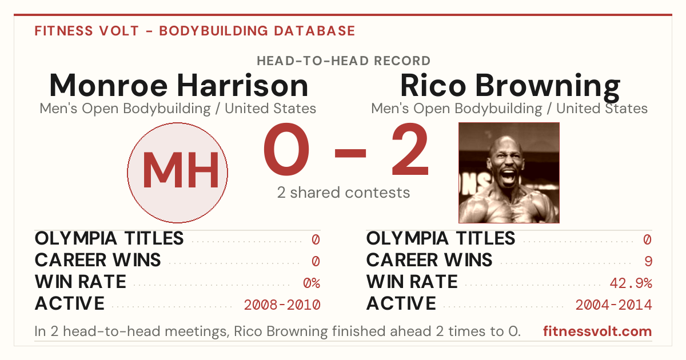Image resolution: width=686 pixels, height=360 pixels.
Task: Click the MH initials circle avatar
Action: (x=177, y=173)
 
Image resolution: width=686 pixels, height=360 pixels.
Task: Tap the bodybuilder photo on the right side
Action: (x=509, y=173)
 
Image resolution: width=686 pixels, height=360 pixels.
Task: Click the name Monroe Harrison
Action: (x=178, y=85)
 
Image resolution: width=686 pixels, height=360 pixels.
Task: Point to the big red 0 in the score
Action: (x=286, y=149)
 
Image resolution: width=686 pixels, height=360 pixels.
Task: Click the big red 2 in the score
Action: (x=410, y=149)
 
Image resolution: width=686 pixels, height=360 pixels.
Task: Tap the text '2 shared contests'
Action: (x=344, y=193)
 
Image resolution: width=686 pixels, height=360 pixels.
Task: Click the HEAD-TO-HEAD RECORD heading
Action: (x=344, y=61)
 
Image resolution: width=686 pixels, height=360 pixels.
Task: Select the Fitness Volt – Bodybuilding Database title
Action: (x=195, y=31)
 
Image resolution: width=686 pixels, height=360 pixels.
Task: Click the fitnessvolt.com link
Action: (x=597, y=331)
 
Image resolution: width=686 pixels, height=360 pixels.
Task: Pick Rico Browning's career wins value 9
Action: (x=648, y=261)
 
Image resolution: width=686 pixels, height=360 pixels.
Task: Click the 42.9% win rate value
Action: (x=631, y=283)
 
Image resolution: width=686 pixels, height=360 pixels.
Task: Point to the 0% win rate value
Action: (x=312, y=283)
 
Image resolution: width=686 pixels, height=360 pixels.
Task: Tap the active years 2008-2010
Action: (x=282, y=305)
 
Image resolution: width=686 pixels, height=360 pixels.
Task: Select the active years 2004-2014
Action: (x=614, y=305)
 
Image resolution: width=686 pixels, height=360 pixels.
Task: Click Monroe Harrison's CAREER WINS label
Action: (x=98, y=260)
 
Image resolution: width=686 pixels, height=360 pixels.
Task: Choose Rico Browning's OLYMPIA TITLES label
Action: (x=441, y=238)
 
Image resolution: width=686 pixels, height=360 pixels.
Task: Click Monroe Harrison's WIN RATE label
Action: (x=81, y=282)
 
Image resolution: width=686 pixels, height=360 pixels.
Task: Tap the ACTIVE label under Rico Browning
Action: (x=401, y=303)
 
